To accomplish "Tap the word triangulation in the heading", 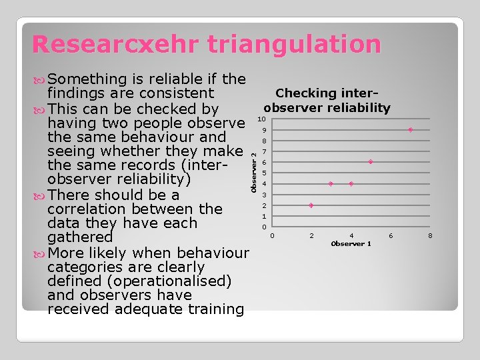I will [x=294, y=45].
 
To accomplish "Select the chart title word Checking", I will [x=307, y=93].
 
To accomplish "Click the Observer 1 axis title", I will [x=351, y=244].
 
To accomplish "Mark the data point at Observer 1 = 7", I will [x=411, y=129].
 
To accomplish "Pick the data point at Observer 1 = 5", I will [x=371, y=162].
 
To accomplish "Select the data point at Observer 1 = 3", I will [x=331, y=183].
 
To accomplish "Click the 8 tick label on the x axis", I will [x=431, y=235].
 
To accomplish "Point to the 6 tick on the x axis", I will [x=391, y=235].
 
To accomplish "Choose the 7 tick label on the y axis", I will [x=264, y=152].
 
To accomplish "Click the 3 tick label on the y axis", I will [x=264, y=195].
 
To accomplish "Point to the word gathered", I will [x=80, y=237].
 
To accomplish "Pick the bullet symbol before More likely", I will [x=40, y=253].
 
